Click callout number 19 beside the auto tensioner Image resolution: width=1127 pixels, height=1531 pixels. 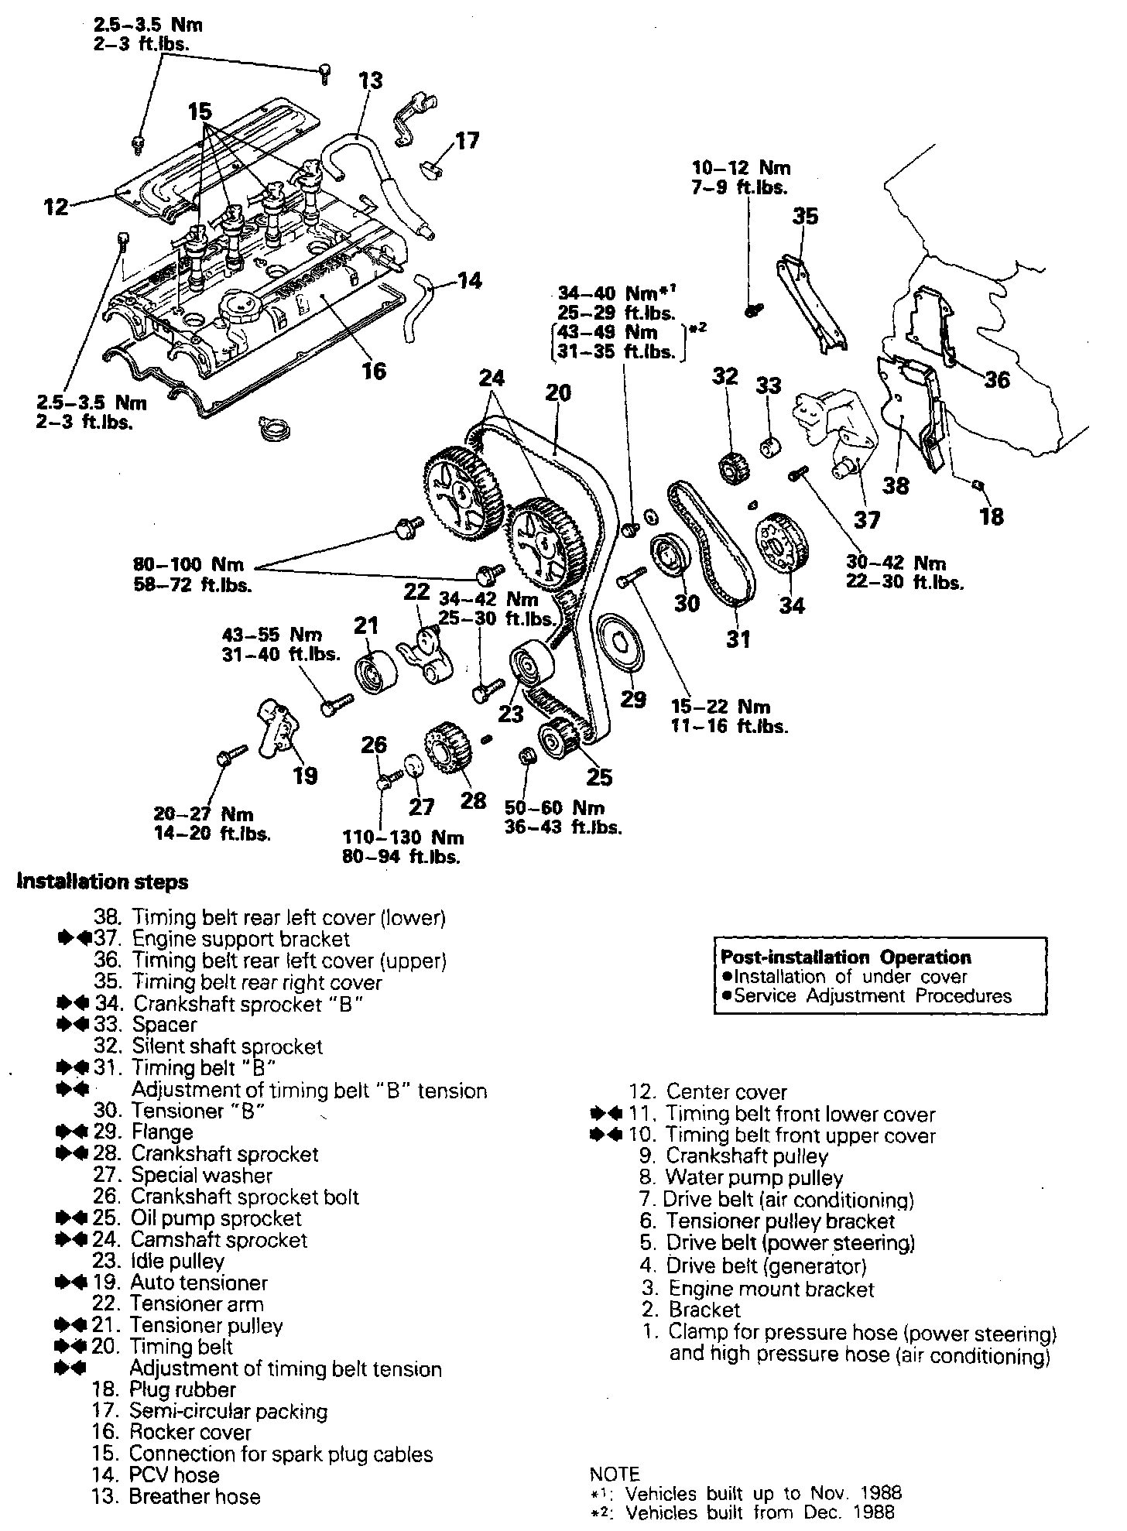(306, 775)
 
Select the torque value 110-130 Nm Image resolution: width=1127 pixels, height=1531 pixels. (402, 837)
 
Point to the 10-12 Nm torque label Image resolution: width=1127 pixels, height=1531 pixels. (741, 168)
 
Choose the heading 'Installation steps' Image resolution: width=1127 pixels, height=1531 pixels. (103, 882)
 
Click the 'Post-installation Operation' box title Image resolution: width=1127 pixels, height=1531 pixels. (845, 957)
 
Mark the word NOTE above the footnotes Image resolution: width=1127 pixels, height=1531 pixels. (615, 1474)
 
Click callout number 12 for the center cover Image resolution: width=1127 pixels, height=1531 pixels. (57, 207)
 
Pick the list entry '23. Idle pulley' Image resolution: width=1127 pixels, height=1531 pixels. (159, 1261)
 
